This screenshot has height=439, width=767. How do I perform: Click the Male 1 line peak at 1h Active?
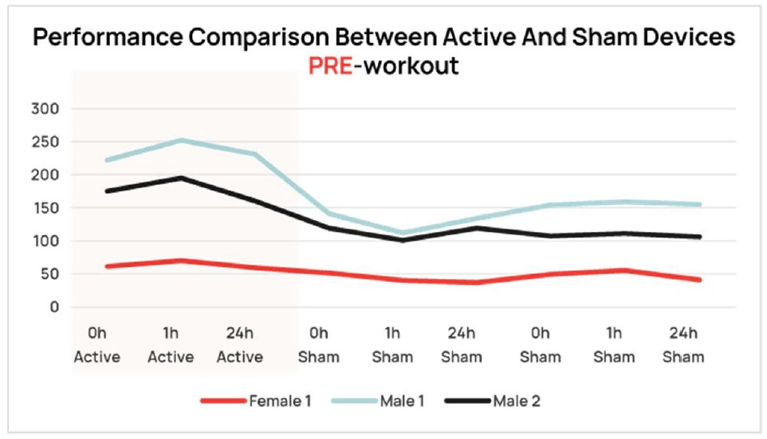coord(183,140)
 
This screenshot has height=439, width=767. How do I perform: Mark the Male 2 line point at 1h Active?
coord(183,178)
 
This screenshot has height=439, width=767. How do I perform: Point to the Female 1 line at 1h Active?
coord(183,261)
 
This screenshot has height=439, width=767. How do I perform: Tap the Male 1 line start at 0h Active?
coord(107,160)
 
